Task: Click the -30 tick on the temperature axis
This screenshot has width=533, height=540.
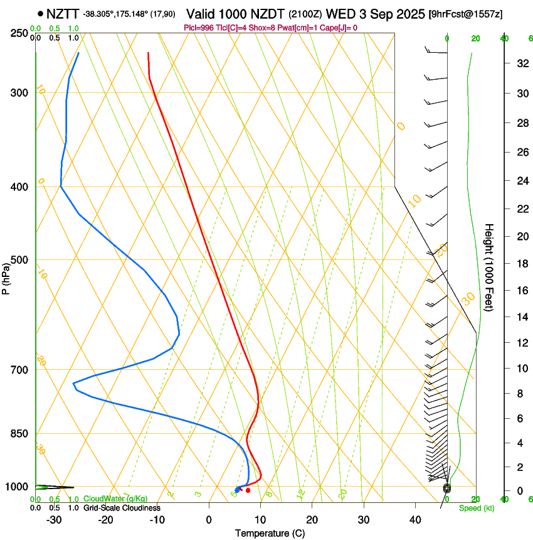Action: pyautogui.click(x=54, y=520)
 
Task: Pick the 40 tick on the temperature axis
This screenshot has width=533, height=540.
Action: pyautogui.click(x=415, y=520)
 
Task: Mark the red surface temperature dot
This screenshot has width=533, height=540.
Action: pyautogui.click(x=248, y=490)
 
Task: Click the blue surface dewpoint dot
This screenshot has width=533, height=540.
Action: pyautogui.click(x=237, y=490)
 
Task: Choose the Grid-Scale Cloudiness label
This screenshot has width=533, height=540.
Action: pyautogui.click(x=122, y=508)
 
